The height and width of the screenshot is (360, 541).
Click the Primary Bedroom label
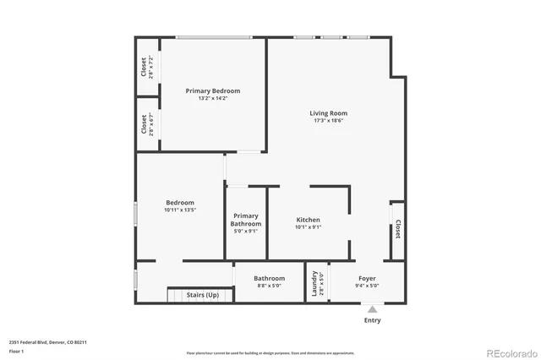point(213,90)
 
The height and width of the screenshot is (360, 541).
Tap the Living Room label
point(327,113)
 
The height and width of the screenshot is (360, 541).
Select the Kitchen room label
point(308,220)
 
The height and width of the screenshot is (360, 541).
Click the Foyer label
point(367,278)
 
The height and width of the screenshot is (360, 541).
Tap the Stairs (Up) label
point(202,295)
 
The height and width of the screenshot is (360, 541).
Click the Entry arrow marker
point(372,310)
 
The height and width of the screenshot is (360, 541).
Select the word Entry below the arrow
point(372,320)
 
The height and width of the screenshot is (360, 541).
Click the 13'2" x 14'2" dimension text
point(213,99)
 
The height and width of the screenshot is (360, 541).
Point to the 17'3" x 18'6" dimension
point(327,121)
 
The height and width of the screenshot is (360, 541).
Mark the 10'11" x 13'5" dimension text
point(180,210)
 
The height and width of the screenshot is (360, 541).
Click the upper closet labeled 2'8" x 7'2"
point(147,68)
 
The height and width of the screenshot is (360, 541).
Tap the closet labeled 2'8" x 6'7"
point(147,124)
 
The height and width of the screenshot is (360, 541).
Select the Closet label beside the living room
point(397,229)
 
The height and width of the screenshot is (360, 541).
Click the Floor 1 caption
point(16,351)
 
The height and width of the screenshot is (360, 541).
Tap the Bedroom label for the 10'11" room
point(180,202)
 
